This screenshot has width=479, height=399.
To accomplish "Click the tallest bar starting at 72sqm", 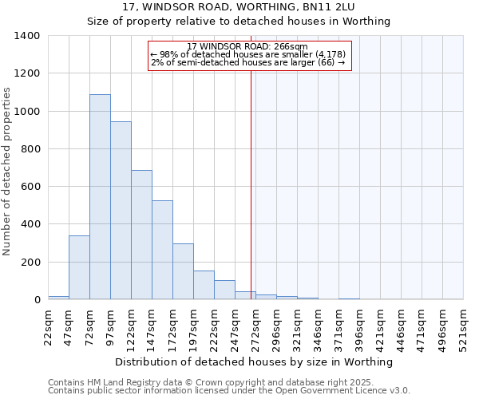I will (100, 197).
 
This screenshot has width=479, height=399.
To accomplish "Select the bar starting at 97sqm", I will (121, 211).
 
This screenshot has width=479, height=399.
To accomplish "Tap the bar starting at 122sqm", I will (141, 235).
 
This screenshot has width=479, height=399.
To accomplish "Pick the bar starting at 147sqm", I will (162, 250).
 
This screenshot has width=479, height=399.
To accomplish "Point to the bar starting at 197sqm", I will (204, 285).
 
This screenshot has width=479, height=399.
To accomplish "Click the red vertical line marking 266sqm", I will (251, 184).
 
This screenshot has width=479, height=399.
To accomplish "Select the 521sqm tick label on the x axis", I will (464, 327).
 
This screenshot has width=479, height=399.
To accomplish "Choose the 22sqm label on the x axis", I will (49, 327).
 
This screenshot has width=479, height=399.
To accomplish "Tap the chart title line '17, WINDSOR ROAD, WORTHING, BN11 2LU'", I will (239, 6).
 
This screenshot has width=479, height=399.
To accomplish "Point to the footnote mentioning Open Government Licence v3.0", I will (229, 390).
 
